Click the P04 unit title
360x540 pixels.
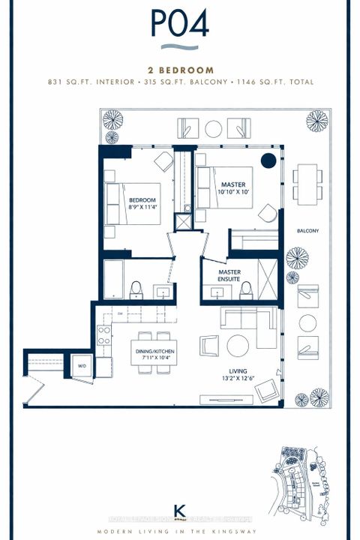point(179,24)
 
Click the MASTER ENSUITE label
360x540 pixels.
point(229,275)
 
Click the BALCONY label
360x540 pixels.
point(307,230)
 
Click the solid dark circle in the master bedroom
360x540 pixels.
point(267,160)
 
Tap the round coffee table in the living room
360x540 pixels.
point(238,345)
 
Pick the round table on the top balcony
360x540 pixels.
point(214,128)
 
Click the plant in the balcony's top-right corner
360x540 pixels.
point(316,121)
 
